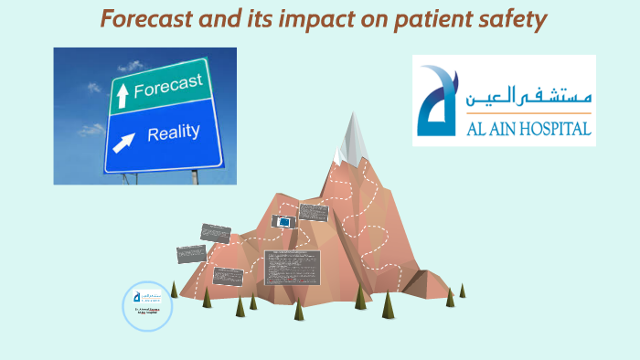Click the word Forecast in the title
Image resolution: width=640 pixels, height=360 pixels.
pyautogui.click(x=147, y=19)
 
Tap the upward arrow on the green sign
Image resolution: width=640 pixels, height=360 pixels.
pyautogui.click(x=121, y=92)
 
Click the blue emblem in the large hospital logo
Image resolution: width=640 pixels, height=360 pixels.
pyautogui.click(x=435, y=101)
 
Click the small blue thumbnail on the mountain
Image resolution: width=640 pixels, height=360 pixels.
pyautogui.click(x=284, y=222)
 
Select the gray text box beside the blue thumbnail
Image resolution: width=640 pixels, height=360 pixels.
pyautogui.click(x=314, y=213)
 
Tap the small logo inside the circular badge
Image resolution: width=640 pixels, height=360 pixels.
pyautogui.click(x=147, y=297)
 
